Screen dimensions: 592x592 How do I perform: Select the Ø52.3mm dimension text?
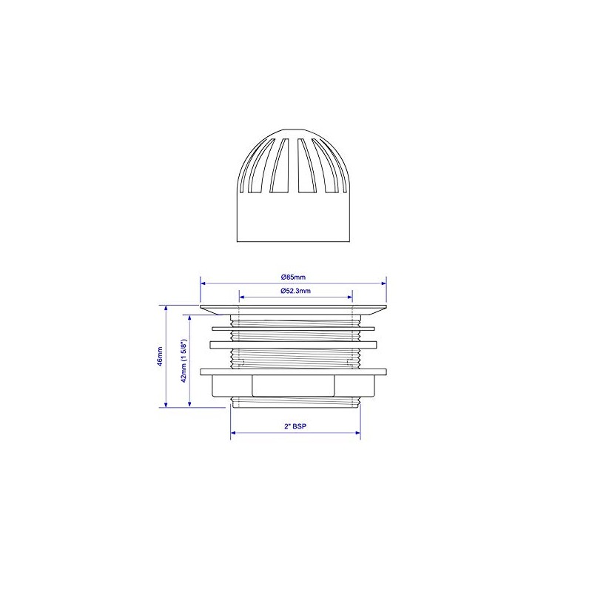(x=295, y=292)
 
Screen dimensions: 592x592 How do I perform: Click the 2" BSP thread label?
(x=295, y=427)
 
